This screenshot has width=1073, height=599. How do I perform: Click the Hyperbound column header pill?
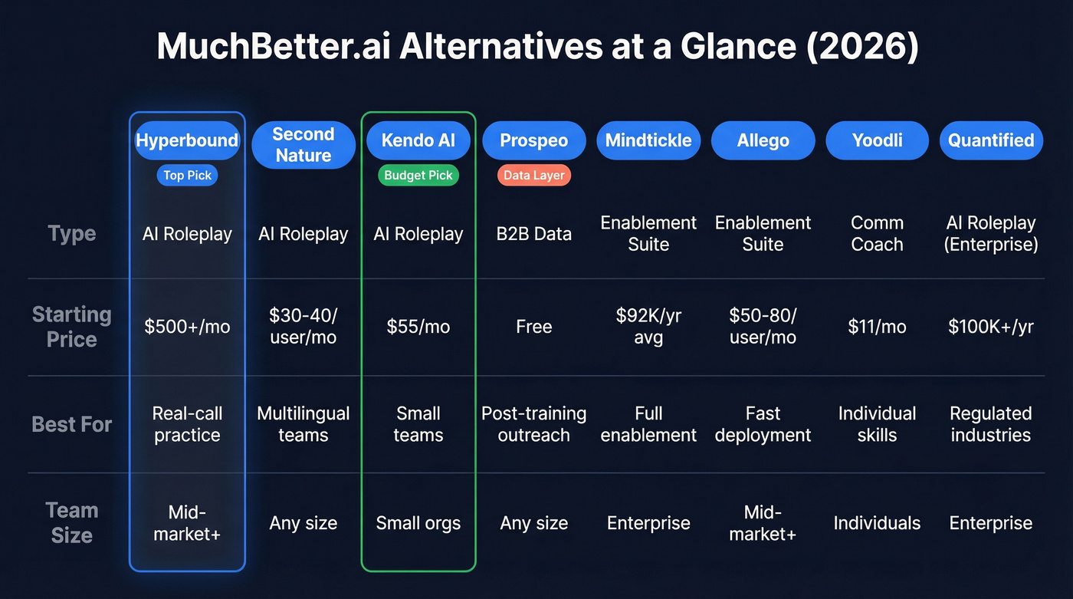click(x=187, y=140)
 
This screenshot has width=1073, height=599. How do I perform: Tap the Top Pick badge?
click(x=187, y=176)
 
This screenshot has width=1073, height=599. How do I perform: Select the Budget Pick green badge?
click(x=418, y=176)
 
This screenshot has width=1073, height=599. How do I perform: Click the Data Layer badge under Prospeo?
click(x=534, y=176)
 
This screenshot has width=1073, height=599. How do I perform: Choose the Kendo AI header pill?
click(x=418, y=140)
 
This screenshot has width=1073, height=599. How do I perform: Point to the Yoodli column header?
click(x=877, y=140)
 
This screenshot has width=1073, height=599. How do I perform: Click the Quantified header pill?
click(x=991, y=140)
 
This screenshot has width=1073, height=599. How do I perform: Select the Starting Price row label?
click(x=72, y=327)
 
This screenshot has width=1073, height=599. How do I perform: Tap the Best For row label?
click(x=72, y=424)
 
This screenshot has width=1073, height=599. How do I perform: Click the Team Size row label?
click(x=72, y=522)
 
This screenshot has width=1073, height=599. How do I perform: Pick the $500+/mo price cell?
click(x=187, y=327)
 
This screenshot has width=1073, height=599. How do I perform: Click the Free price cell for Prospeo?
click(x=534, y=327)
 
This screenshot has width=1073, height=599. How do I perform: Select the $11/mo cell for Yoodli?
click(x=877, y=327)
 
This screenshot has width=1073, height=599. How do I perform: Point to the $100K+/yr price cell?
click(x=991, y=327)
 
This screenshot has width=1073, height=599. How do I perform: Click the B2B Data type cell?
click(x=534, y=234)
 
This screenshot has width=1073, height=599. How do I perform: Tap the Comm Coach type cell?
click(x=877, y=234)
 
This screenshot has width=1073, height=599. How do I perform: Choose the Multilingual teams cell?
click(x=304, y=424)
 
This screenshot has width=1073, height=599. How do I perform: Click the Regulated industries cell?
click(x=991, y=424)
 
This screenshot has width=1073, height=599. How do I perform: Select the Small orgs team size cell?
click(x=418, y=523)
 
